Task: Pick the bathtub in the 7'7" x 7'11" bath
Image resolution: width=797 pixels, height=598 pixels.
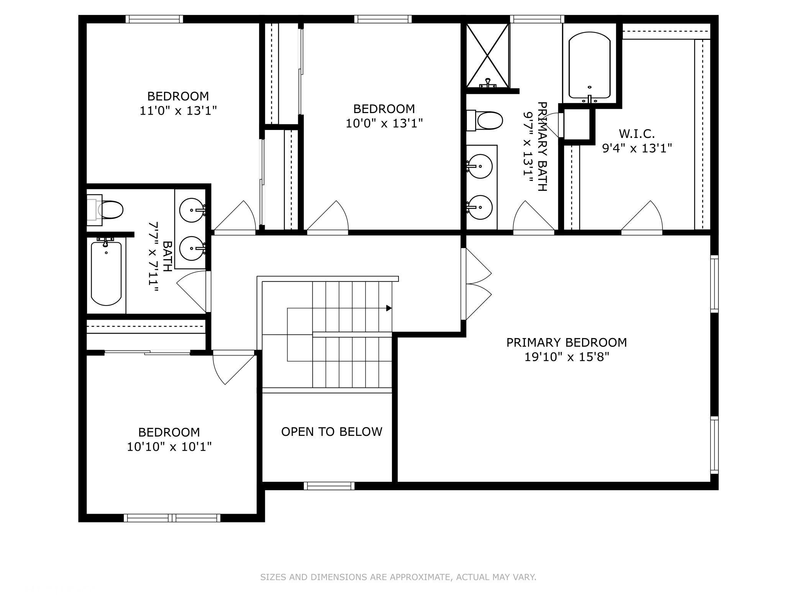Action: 106,273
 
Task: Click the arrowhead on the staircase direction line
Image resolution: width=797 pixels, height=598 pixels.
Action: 389,308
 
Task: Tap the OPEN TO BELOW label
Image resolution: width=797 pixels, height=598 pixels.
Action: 331,432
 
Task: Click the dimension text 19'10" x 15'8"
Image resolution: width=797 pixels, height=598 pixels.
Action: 566,357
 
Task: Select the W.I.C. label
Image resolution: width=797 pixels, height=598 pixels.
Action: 636,134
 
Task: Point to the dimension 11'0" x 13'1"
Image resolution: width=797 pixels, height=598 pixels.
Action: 178,111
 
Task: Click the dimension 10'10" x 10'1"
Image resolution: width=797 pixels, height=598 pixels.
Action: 169,447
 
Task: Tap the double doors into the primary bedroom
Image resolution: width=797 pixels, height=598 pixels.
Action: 477,284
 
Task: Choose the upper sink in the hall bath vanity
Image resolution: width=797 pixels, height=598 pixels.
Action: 192,210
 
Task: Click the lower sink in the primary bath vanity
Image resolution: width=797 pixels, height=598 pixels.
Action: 480,207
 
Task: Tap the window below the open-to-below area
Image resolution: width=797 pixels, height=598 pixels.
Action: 329,486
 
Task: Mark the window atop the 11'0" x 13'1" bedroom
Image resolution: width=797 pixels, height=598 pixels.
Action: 154,19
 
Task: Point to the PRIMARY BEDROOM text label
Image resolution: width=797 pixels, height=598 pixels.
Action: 566,342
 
